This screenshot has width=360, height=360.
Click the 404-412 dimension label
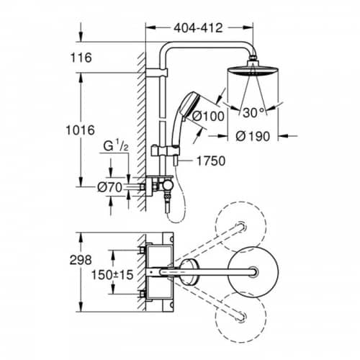coord(198,28)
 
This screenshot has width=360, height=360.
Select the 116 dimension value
coord(81,58)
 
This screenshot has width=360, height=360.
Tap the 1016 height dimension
coord(81,130)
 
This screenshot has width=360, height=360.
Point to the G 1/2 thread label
coord(116,146)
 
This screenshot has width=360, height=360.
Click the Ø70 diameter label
coord(110,187)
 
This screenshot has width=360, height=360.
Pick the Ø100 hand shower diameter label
coord(208,116)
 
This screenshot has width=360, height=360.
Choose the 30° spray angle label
coord(253,112)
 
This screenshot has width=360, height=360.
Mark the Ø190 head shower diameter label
coord(253,136)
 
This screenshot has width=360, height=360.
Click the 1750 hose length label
coord(211,161)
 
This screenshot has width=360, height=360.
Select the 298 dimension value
coord(81,260)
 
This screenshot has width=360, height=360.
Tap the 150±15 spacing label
coord(112,275)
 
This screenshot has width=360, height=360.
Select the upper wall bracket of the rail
coord(157,73)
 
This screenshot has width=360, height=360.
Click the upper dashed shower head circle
coord(240,202)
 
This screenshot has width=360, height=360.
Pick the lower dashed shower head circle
coord(240,343)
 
